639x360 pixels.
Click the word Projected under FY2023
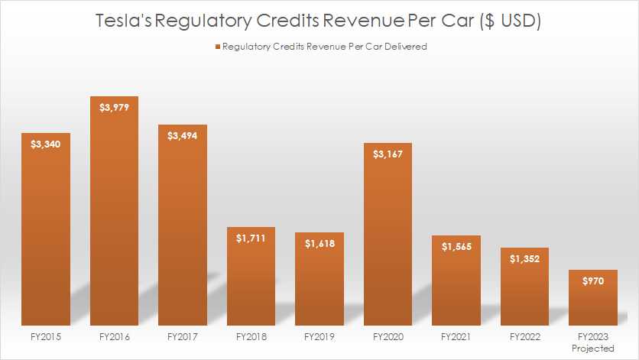(593, 349)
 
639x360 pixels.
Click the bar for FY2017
(183, 229)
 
